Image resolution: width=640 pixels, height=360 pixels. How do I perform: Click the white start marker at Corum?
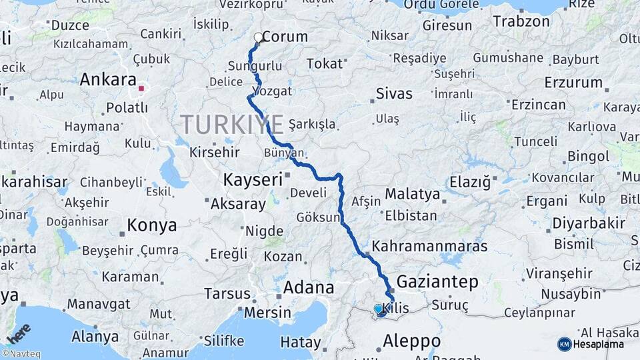pos(259,37)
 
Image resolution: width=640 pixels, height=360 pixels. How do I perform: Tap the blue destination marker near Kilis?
pos(379,309)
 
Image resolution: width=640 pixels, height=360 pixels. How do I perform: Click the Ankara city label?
pos(108,80)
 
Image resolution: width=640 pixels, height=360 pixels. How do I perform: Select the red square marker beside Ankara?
pos(141,87)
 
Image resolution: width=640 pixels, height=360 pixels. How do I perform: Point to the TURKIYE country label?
pos(232,124)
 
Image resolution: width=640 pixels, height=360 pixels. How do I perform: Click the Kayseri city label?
pos(253,180)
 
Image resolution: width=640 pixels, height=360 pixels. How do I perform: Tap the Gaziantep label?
pos(437,281)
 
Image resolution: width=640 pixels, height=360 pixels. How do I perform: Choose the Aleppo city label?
pos(411,341)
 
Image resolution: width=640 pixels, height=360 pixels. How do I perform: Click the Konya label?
pos(152,225)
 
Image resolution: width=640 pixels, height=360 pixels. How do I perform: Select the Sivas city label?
pos(395,93)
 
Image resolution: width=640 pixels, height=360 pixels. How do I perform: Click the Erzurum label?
pos(573,83)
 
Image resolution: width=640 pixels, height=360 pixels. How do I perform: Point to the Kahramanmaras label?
pos(429,247)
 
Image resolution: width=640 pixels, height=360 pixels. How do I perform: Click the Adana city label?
pos(309,288)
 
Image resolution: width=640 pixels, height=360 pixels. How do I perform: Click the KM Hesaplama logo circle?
pos(564,344)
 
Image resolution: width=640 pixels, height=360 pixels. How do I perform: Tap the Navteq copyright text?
pos(21,354)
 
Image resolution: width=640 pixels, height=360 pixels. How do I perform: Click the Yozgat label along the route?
pos(272,90)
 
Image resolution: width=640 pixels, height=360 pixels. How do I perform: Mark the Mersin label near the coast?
pos(268,312)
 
